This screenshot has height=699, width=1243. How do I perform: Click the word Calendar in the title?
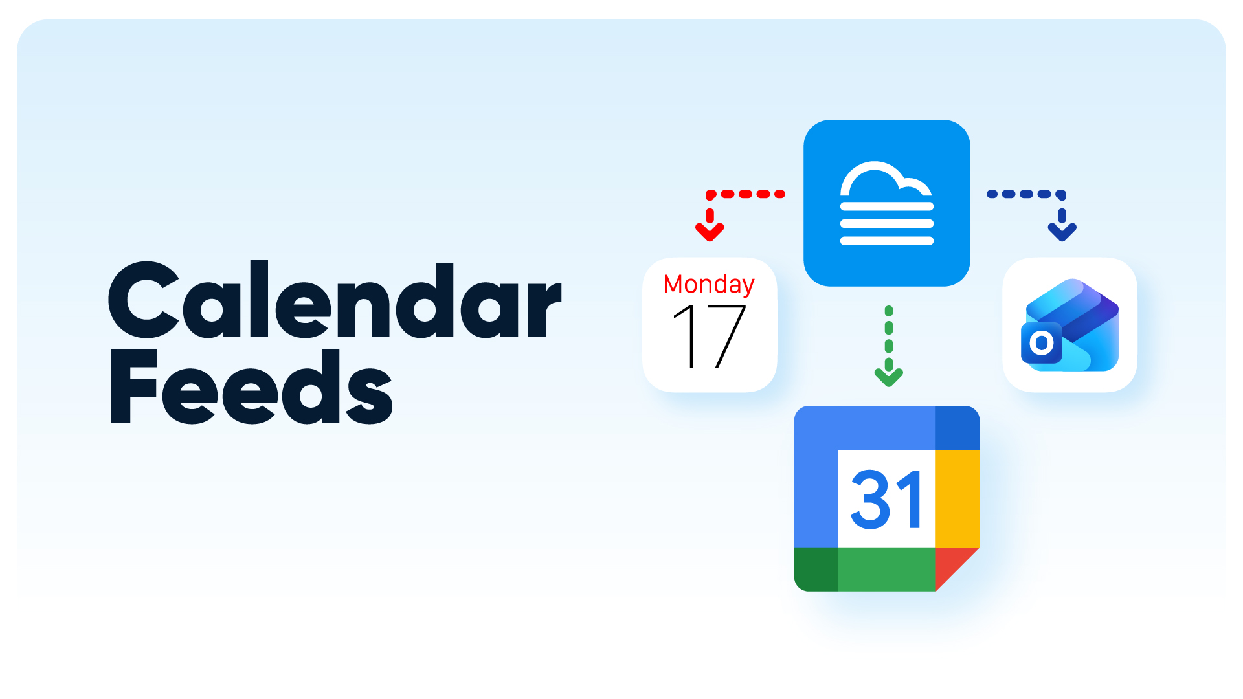pos(335,299)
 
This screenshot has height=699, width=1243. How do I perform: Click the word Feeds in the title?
pos(251,386)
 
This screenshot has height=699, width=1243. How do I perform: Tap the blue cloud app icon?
pos(886,203)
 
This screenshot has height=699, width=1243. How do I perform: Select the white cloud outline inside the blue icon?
pos(886,179)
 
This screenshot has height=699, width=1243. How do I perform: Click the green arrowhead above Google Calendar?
pos(888,377)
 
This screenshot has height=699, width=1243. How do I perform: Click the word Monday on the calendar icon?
pos(709,284)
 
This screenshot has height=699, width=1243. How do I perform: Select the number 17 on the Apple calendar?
pos(710,337)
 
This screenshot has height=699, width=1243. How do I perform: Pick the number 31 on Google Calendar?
pos(887,499)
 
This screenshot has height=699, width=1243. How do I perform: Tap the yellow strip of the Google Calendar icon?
pos(957,498)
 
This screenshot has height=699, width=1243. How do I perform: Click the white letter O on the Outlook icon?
pos(1042,342)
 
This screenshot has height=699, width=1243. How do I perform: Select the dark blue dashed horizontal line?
pos(1025,194)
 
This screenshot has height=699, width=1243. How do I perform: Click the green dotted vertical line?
pos(888,337)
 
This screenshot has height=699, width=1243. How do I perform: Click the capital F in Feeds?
pos(134,386)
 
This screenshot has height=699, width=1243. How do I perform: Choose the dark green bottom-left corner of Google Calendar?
pos(816,569)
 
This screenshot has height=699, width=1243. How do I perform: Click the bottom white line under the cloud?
pos(886,241)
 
